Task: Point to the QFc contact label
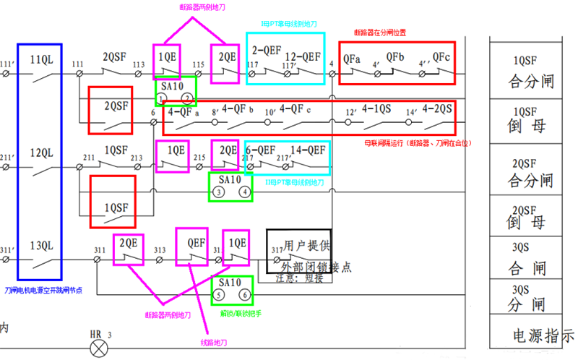[x=441, y=56]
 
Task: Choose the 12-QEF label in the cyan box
[x=303, y=56]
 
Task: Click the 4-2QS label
[x=438, y=109]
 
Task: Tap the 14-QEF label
[x=306, y=151]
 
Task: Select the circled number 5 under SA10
[x=219, y=294]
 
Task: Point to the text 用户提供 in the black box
[x=306, y=246]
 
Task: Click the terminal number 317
[x=275, y=251]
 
